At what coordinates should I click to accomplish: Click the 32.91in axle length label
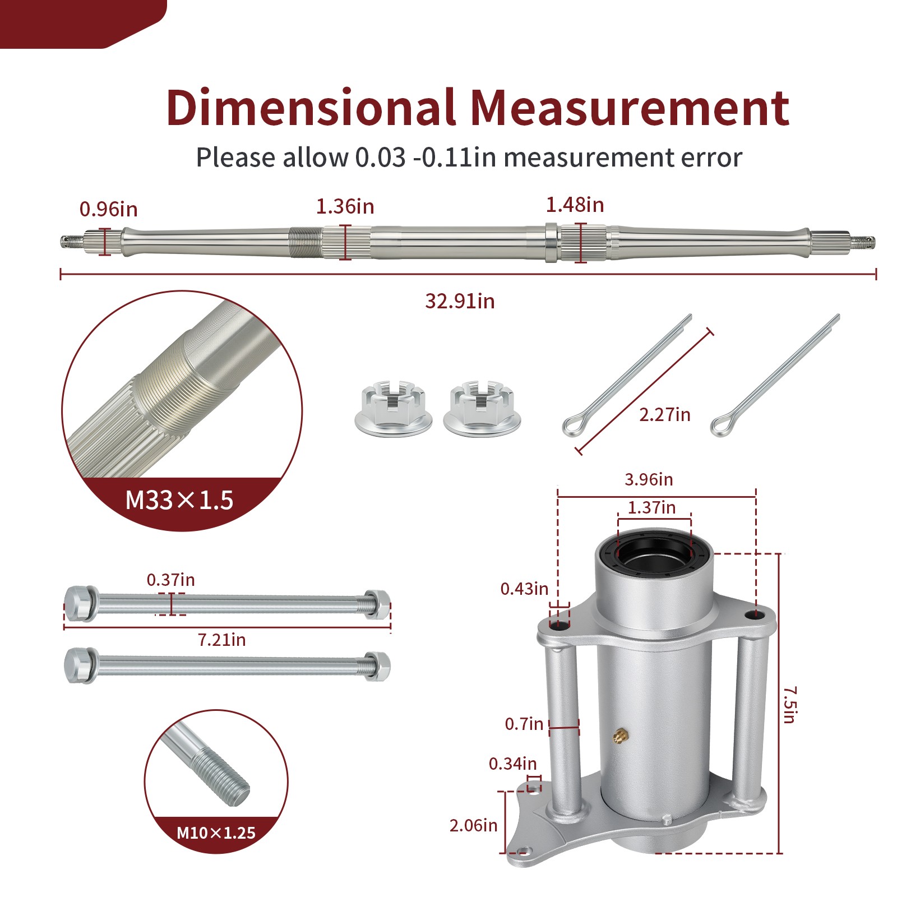pyautogui.click(x=460, y=301)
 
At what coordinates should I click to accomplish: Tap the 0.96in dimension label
pyautogui.click(x=108, y=209)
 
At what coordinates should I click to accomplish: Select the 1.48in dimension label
pyautogui.click(x=575, y=205)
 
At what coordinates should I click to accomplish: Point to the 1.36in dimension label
pyautogui.click(x=345, y=206)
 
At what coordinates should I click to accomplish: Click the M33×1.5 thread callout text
pyautogui.click(x=179, y=500)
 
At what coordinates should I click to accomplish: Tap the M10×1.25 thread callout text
pyautogui.click(x=216, y=833)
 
